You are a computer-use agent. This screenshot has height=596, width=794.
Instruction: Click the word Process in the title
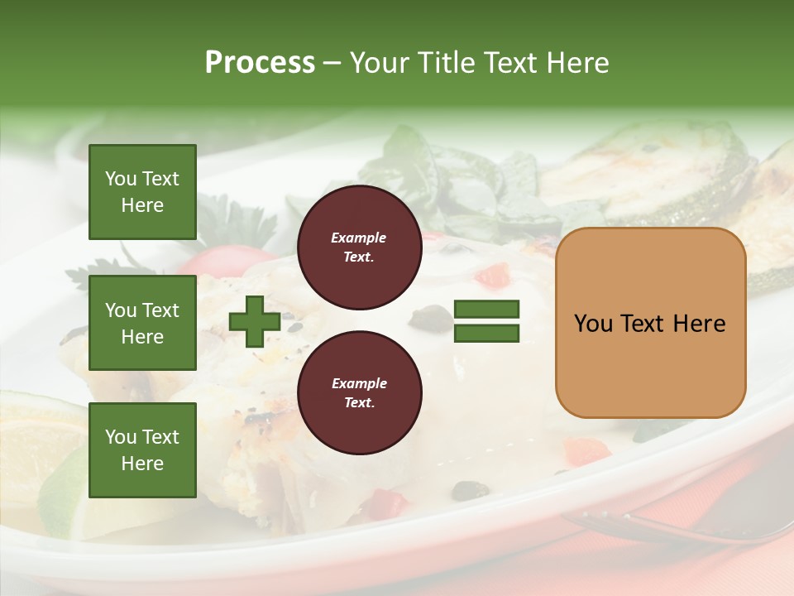[x=260, y=63]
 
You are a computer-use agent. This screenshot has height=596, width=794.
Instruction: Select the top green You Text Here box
[x=142, y=192]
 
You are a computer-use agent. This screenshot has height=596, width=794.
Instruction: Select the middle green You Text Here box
[x=142, y=323]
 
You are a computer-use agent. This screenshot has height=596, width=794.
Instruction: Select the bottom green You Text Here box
[x=142, y=450]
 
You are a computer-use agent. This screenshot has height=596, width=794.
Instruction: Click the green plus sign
[x=254, y=323]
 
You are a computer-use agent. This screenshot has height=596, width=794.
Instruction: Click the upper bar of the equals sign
[x=486, y=310]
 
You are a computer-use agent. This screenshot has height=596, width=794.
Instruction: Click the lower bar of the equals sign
[x=486, y=334]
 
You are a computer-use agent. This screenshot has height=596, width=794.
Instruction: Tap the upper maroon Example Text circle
[x=359, y=248]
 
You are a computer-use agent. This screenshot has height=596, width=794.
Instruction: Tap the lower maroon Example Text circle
[x=359, y=393]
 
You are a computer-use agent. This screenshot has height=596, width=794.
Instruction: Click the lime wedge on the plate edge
[x=62, y=488]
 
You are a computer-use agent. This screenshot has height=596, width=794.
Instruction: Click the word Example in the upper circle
[x=359, y=238]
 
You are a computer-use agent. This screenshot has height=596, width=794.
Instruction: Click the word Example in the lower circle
[x=359, y=383]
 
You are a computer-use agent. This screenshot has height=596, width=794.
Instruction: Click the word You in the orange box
[x=594, y=324]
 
